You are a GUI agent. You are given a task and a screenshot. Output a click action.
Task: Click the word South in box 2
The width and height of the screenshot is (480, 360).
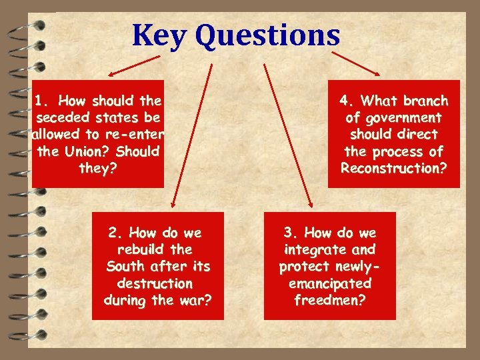click(124, 267)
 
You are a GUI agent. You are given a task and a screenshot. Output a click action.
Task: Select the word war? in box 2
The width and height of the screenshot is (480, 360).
click(196, 300)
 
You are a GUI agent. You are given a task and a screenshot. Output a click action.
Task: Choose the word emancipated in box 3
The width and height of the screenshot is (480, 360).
click(329, 283)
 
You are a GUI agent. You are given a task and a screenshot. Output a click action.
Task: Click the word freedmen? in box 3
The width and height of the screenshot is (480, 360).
click(329, 300)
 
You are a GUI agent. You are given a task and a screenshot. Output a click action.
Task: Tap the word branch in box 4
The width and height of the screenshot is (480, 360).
click(425, 101)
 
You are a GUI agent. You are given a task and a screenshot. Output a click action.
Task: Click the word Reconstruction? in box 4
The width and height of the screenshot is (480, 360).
click(393, 168)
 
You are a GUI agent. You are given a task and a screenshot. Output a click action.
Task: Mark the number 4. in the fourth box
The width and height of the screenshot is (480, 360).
click(347, 101)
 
